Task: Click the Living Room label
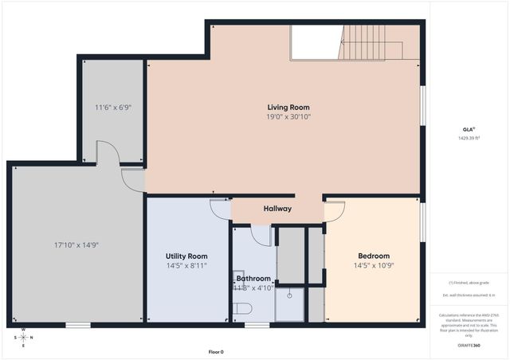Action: [288, 107]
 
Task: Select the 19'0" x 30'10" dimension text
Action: [288, 117]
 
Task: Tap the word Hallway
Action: [277, 209]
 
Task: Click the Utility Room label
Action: [186, 256]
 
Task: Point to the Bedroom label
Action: [373, 256]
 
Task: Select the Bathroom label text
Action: [253, 279]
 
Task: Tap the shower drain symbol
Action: [290, 295]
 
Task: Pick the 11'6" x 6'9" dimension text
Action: [112, 107]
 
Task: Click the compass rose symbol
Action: [22, 337]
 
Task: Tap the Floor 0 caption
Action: [216, 351]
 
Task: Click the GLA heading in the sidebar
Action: [468, 128]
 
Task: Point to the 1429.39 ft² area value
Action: [468, 138]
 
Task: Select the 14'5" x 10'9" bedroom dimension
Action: [373, 265]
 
